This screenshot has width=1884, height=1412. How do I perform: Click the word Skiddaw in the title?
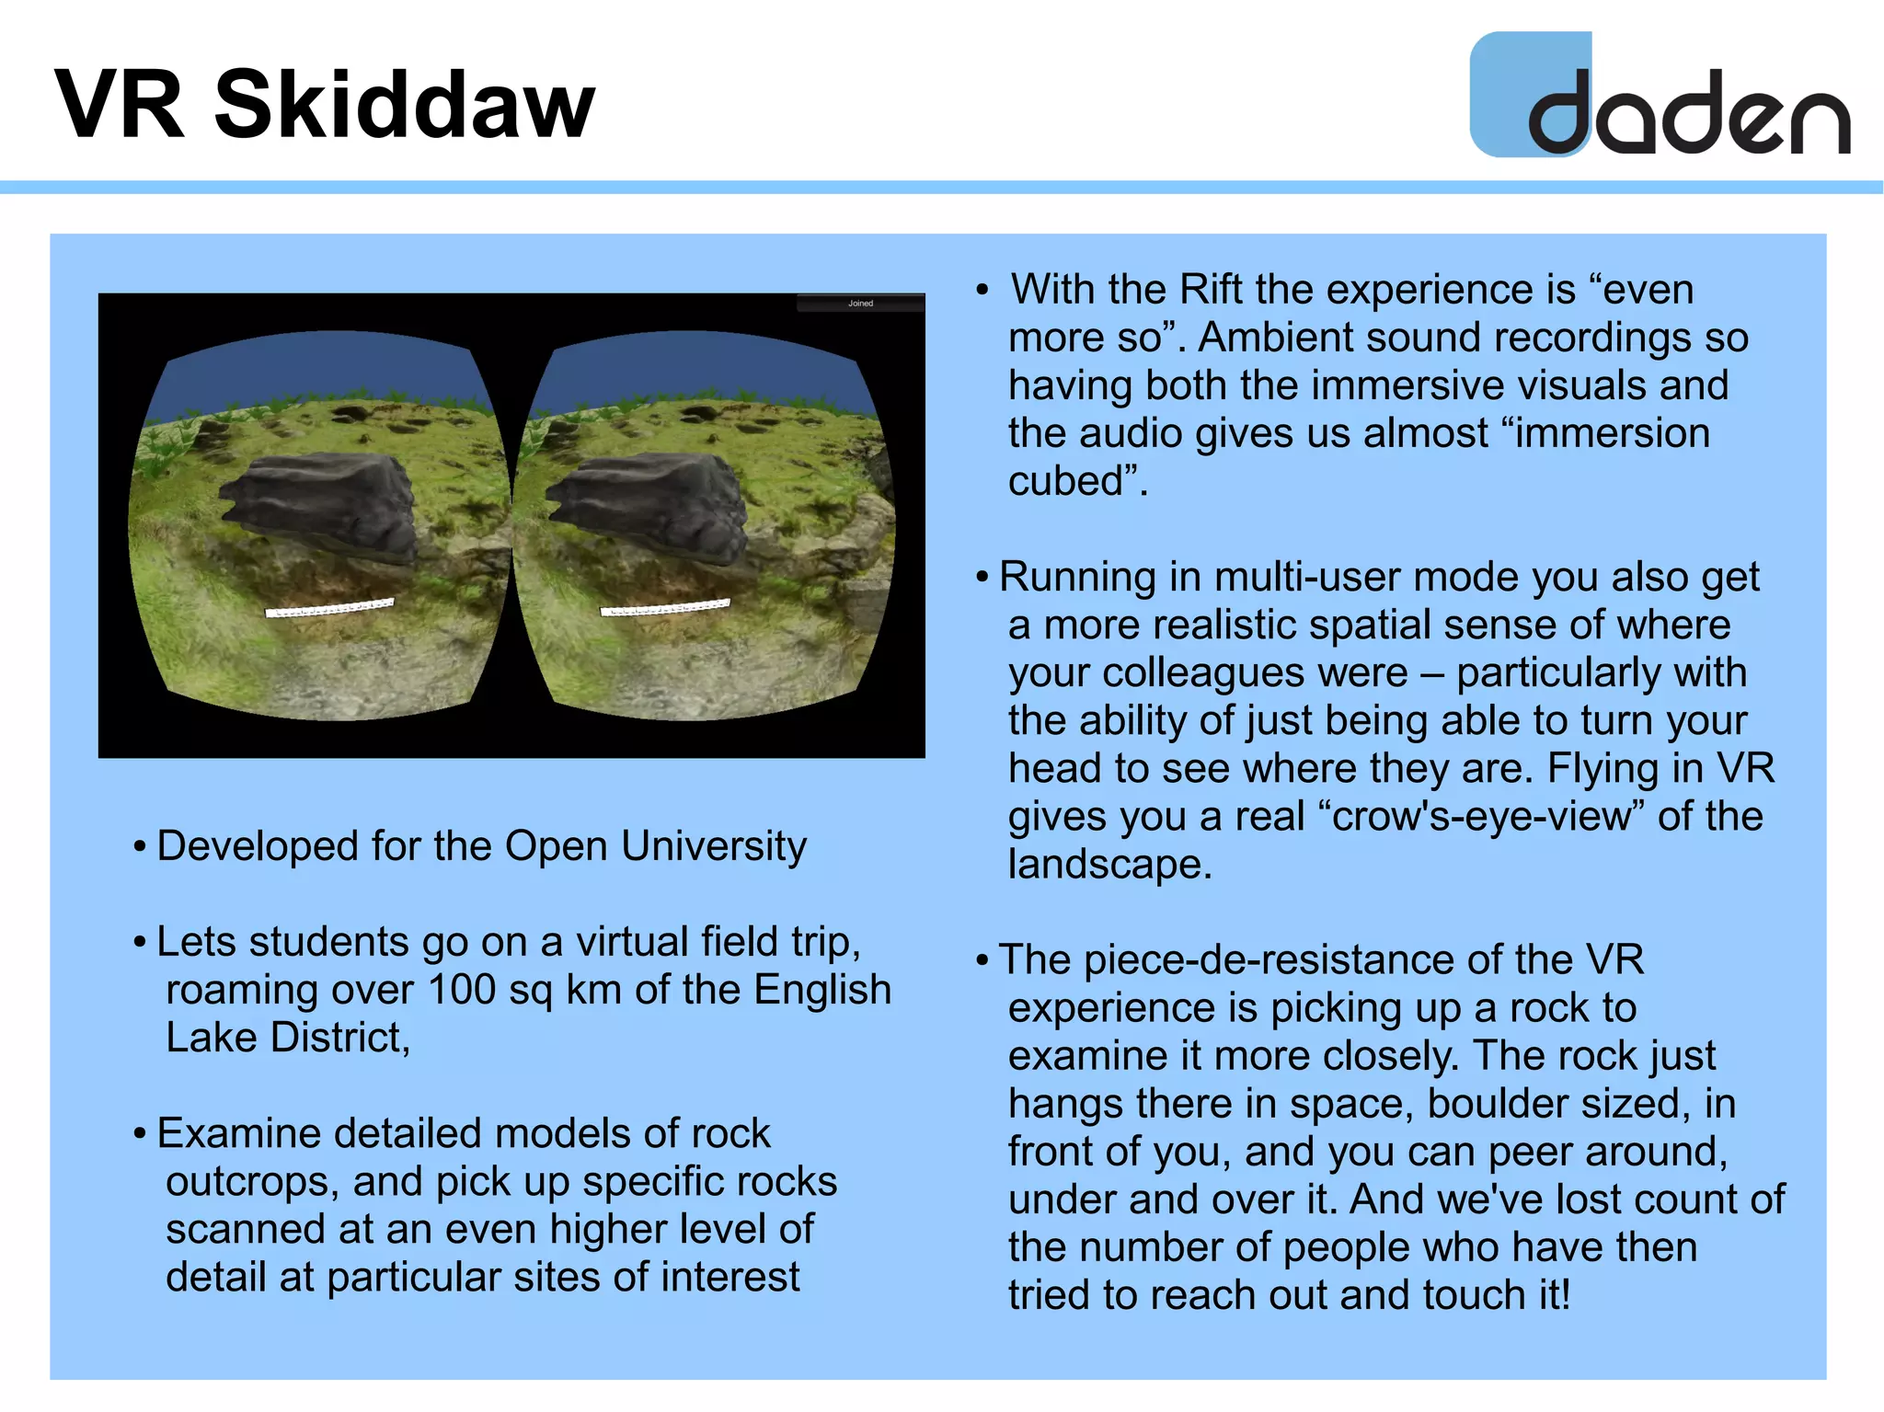click(405, 106)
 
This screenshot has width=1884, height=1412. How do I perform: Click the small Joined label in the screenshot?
click(860, 304)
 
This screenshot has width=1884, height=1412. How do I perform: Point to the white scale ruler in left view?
click(329, 608)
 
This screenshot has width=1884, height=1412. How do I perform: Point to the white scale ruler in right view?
click(665, 607)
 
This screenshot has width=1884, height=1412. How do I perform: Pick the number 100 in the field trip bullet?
click(463, 990)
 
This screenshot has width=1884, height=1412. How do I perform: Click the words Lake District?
click(286, 1039)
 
